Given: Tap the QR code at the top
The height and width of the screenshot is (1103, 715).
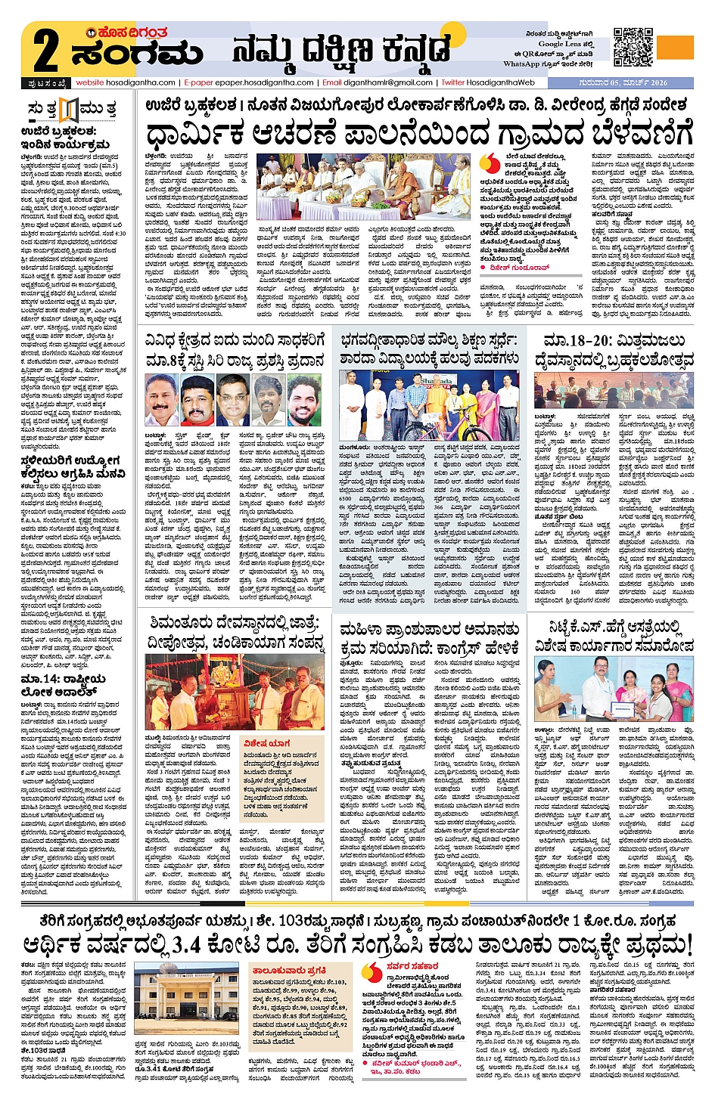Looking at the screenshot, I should coord(633,48).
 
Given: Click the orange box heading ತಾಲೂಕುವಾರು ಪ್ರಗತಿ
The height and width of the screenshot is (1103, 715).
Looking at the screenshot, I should coord(289,970).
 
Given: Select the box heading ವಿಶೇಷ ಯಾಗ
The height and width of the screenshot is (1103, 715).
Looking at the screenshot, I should coord(266,743).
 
